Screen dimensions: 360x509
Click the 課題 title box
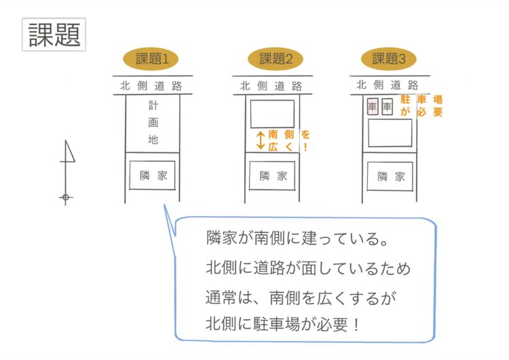pos(55,33)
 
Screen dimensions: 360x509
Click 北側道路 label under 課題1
pos(152,86)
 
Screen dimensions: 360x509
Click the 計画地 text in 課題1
pos(153,123)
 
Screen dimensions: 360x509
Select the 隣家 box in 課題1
pos(153,175)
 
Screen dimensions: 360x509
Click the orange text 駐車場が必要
pos(421,105)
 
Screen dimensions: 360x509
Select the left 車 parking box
pos(372,107)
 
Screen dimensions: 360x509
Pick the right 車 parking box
pos(387,107)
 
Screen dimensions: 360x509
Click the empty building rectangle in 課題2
pos(272,113)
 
